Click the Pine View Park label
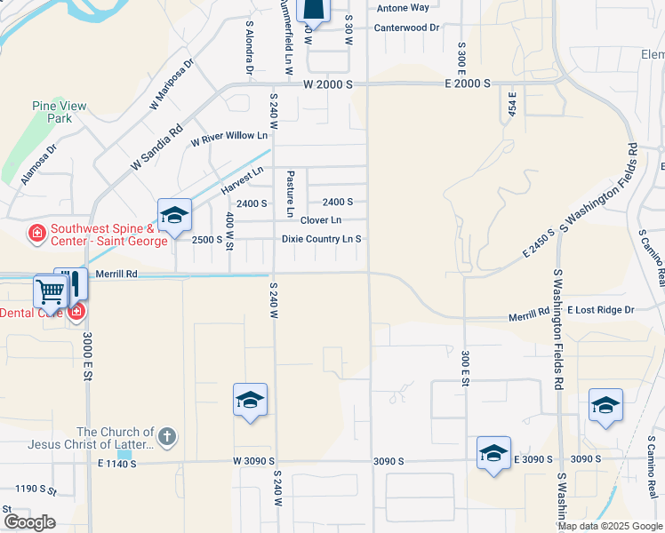[x=60, y=112]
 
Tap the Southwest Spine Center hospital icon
[x=36, y=234]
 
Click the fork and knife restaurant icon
[x=74, y=283]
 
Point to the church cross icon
[x=166, y=436]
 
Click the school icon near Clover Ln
[x=174, y=215]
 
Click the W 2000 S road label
[x=328, y=84]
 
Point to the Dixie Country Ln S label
[x=321, y=239]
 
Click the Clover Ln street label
[x=321, y=220]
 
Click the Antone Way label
[x=403, y=8]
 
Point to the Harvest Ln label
[x=243, y=181]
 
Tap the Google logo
[x=29, y=522]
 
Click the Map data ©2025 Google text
[x=610, y=526]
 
